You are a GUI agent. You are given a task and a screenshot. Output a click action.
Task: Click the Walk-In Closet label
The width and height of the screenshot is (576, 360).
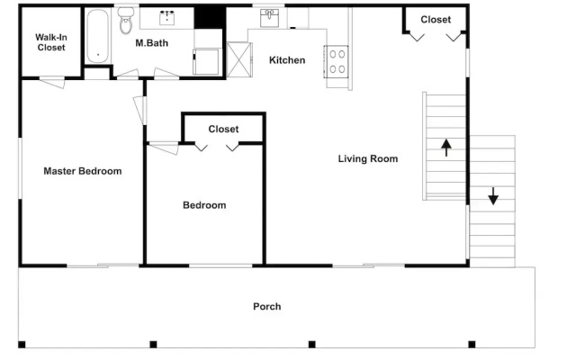[51, 42]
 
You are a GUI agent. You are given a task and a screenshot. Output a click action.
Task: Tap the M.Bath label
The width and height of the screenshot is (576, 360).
[152, 43]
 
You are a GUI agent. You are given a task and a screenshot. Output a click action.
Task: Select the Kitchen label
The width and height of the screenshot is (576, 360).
[287, 60]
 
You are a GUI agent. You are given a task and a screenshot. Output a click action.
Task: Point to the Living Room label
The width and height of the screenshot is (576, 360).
[368, 158]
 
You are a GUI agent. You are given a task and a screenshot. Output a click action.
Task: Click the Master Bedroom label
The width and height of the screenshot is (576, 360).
[83, 171]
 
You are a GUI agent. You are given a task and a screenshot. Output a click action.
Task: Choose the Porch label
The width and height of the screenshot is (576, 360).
[267, 306]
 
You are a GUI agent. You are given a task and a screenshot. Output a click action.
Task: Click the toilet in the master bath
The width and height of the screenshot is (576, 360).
[126, 21]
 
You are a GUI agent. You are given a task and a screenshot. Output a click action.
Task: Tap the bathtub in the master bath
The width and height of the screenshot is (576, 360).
[98, 36]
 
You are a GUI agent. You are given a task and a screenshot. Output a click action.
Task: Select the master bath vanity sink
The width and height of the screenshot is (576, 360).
[166, 18]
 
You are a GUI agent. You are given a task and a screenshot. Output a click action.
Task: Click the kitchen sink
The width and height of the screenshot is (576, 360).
[270, 18]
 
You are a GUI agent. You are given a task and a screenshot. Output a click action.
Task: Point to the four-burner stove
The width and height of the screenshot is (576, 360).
[336, 62]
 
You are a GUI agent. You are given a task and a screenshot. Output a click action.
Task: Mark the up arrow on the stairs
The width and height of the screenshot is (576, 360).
[446, 148]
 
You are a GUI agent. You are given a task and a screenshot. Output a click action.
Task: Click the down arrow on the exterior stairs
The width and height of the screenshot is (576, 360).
[493, 196]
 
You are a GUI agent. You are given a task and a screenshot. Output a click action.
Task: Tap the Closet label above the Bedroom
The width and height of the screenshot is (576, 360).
[223, 129]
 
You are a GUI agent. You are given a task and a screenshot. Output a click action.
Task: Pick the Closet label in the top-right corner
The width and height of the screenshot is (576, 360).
[436, 19]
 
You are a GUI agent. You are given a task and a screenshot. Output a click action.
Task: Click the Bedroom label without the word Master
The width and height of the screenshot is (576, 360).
[204, 205]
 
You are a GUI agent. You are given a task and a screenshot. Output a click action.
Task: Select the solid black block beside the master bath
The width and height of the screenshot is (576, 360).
[210, 17]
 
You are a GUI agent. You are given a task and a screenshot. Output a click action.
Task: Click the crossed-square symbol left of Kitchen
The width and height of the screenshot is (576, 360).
[239, 59]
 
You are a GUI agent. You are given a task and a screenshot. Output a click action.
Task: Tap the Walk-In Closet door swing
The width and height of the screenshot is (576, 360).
[52, 82]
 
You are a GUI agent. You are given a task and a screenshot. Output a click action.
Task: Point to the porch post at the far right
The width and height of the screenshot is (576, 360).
[472, 344]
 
